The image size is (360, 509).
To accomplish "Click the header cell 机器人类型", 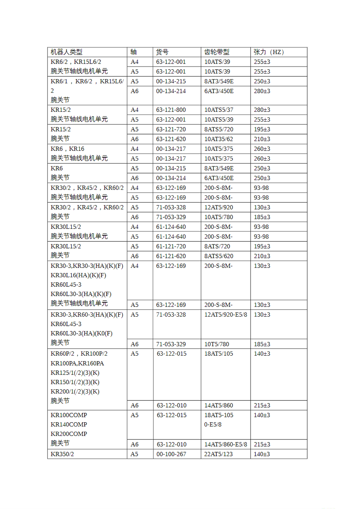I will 66,52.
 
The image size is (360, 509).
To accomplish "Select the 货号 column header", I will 162,52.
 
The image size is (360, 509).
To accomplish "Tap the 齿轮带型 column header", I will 217,52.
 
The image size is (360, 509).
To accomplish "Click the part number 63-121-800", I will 171,110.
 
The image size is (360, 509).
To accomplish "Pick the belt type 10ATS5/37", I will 219,110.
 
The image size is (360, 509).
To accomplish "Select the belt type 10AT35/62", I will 219,139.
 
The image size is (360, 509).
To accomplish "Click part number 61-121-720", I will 171,246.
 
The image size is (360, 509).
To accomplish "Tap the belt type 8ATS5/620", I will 219,256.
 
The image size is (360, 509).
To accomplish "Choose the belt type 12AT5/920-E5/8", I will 225,314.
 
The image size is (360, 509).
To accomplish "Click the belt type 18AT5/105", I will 219,353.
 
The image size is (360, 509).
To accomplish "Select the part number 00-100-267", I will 171,454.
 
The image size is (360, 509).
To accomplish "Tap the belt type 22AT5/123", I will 218,454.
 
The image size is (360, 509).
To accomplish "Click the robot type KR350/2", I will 62,454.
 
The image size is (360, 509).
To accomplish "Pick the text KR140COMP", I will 69,424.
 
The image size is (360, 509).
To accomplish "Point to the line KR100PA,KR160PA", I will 77,363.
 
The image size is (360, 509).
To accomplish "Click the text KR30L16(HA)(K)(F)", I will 78,275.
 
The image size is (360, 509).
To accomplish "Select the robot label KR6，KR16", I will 67,149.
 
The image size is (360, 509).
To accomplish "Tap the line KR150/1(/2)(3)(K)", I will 75,382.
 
